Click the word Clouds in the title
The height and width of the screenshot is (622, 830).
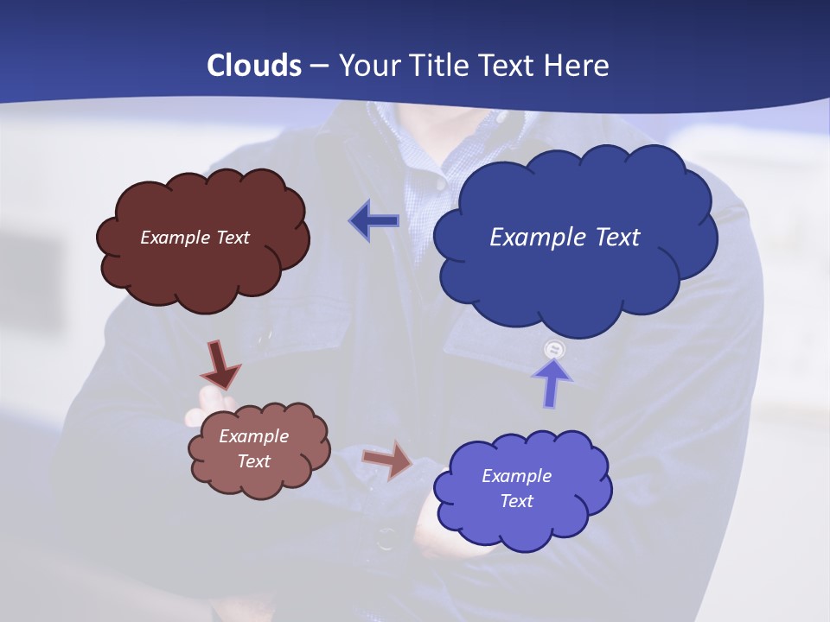pyautogui.click(x=254, y=66)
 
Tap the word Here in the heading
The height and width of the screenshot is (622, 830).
pyautogui.click(x=578, y=66)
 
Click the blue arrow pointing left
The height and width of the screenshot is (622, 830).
pyautogui.click(x=373, y=221)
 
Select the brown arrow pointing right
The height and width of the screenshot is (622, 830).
pyautogui.click(x=387, y=459)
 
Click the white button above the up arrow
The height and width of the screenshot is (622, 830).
pyautogui.click(x=554, y=350)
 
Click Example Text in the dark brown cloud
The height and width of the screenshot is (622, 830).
pyautogui.click(x=195, y=238)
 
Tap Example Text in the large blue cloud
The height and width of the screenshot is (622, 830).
pyautogui.click(x=565, y=238)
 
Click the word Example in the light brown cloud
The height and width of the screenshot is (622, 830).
pyautogui.click(x=253, y=436)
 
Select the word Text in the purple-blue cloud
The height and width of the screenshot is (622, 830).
pyautogui.click(x=516, y=501)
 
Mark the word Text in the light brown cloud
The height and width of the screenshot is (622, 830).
pyautogui.click(x=253, y=461)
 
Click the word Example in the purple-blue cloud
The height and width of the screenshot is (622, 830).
pyautogui.click(x=516, y=476)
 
